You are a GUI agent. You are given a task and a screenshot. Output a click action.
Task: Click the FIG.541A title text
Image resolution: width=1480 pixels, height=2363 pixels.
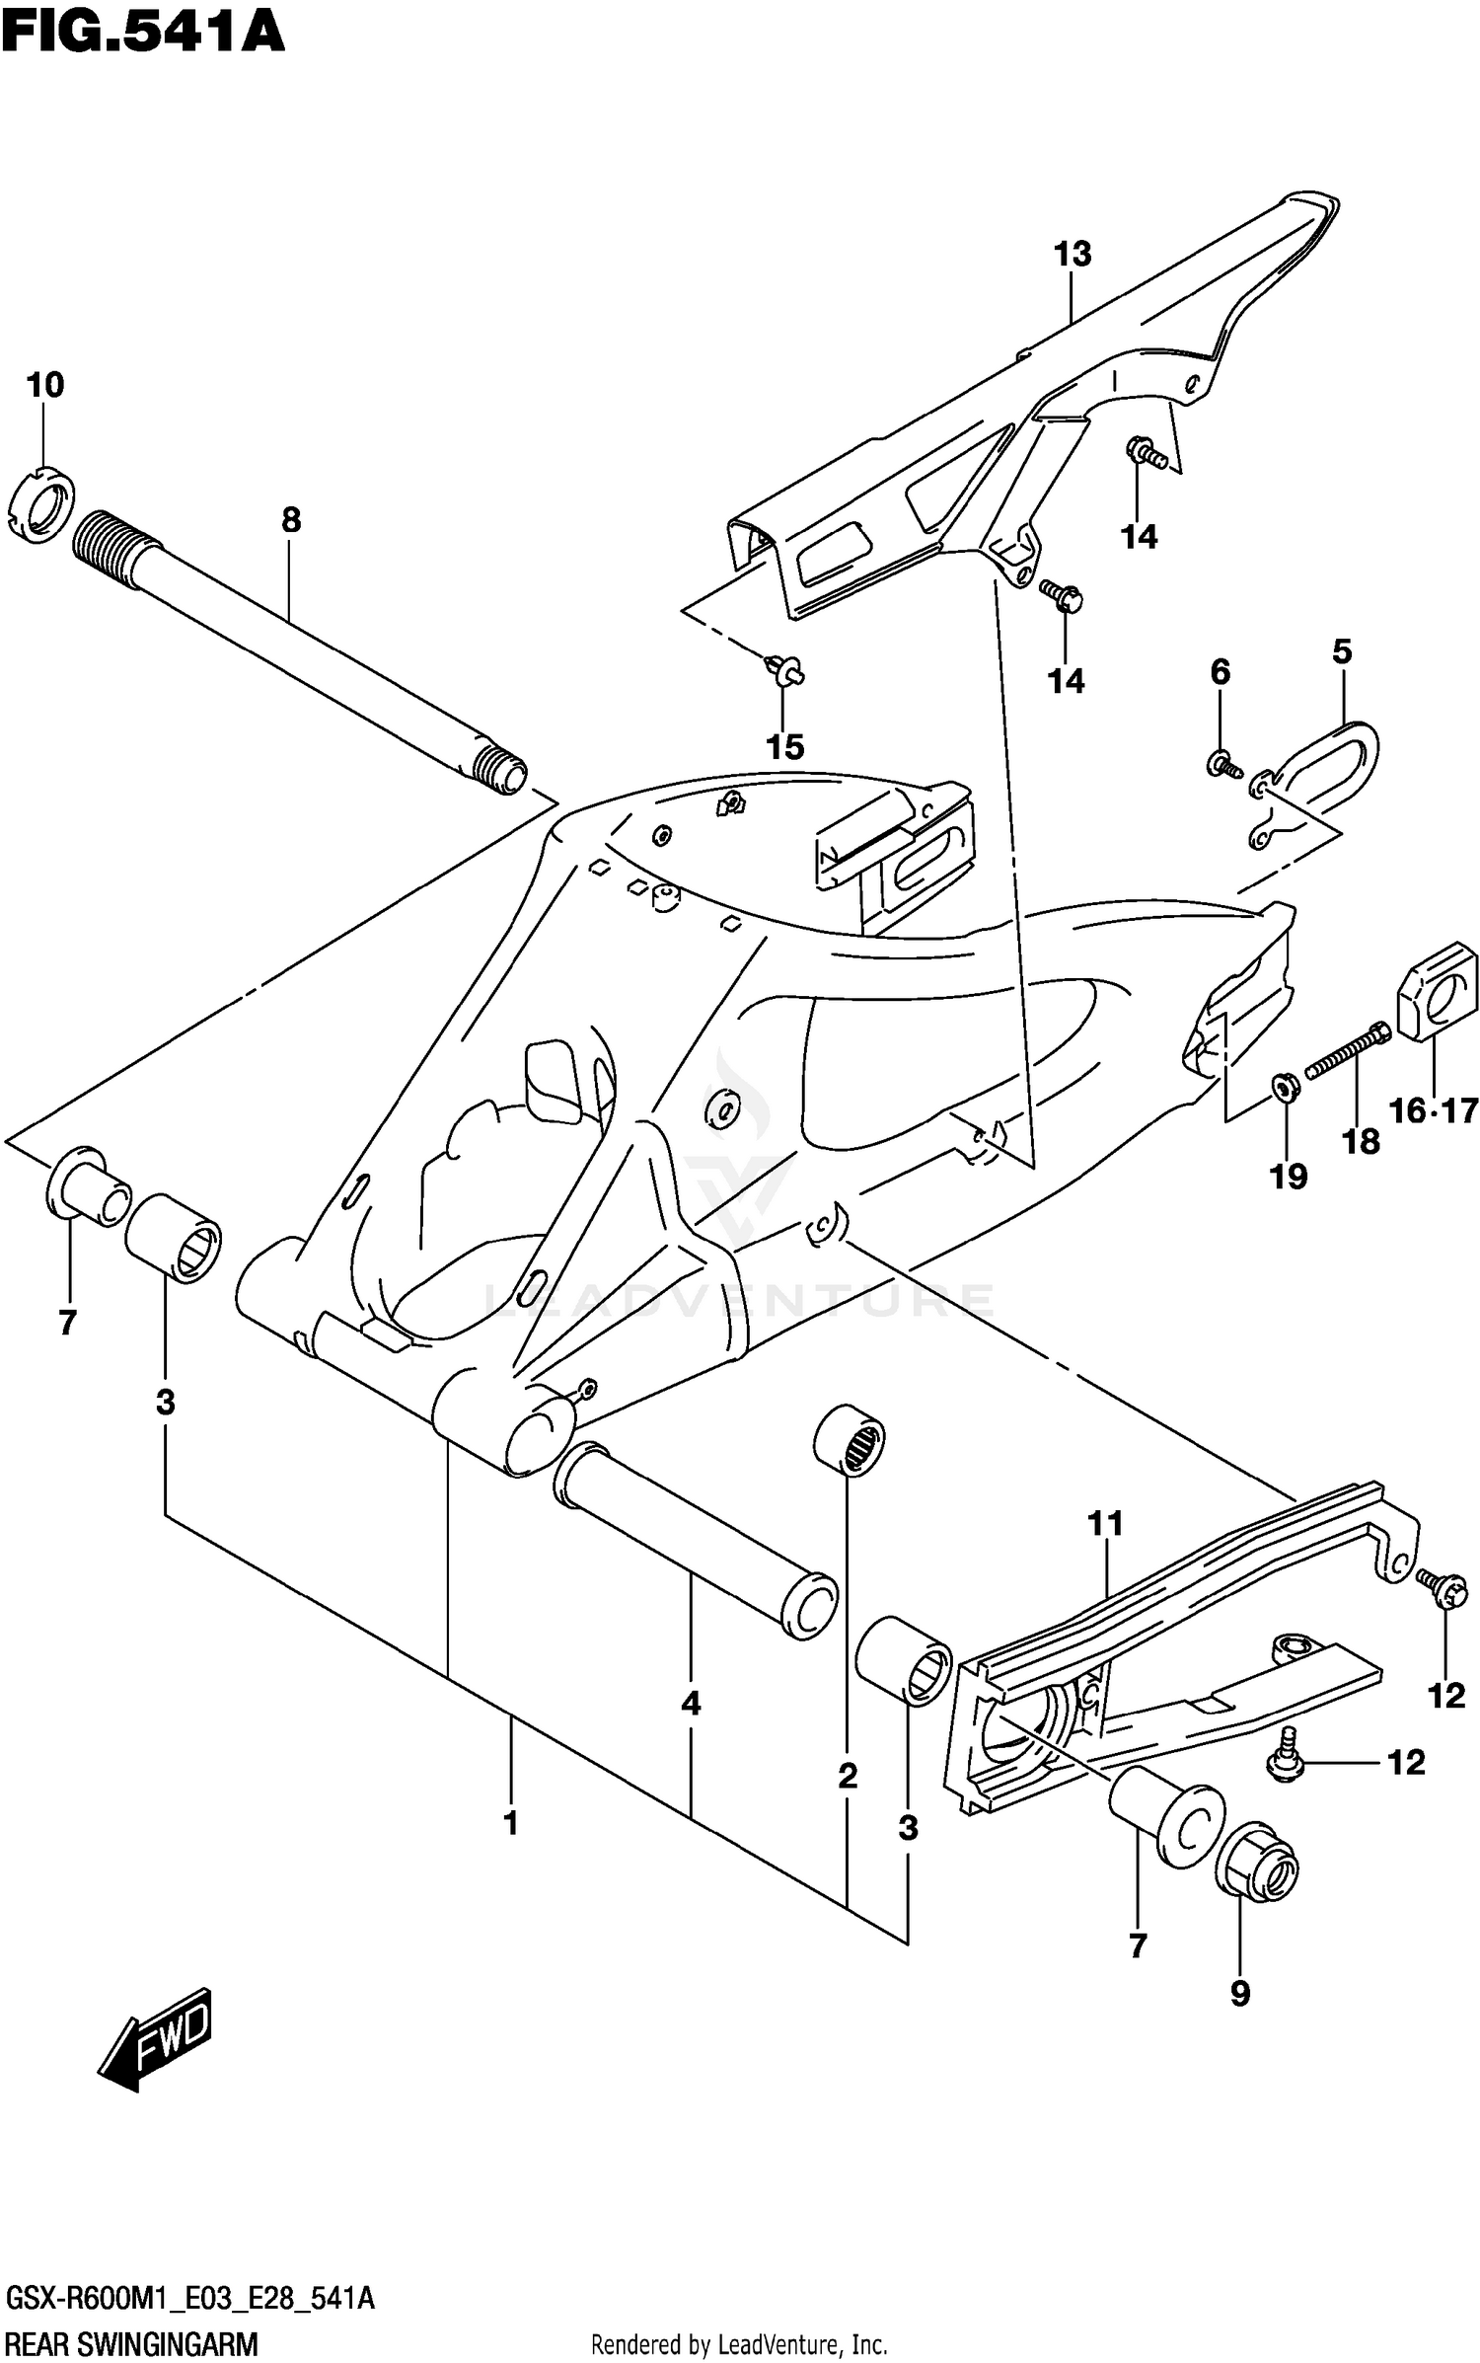click(143, 32)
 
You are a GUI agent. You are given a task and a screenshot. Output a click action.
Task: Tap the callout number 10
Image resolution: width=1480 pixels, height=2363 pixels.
click(45, 385)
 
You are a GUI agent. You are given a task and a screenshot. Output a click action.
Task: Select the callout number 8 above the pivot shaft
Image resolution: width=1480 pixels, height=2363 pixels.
click(291, 520)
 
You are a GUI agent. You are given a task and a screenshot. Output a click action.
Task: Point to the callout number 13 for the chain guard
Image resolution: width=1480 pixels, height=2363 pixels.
click(1073, 255)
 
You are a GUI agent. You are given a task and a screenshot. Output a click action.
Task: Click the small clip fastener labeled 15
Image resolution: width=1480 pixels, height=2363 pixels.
click(785, 672)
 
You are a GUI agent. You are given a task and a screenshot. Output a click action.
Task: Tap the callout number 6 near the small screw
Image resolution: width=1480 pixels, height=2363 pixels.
click(1221, 672)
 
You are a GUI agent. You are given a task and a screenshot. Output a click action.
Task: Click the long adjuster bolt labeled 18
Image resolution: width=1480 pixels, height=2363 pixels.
click(1348, 1051)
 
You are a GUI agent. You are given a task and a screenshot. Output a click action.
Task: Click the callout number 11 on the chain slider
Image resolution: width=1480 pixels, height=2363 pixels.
click(1105, 1524)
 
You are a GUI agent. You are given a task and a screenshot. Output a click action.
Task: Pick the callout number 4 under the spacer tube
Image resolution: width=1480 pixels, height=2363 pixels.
click(691, 1703)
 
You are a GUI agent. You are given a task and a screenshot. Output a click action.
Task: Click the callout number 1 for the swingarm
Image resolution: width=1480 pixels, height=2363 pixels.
click(510, 1823)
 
